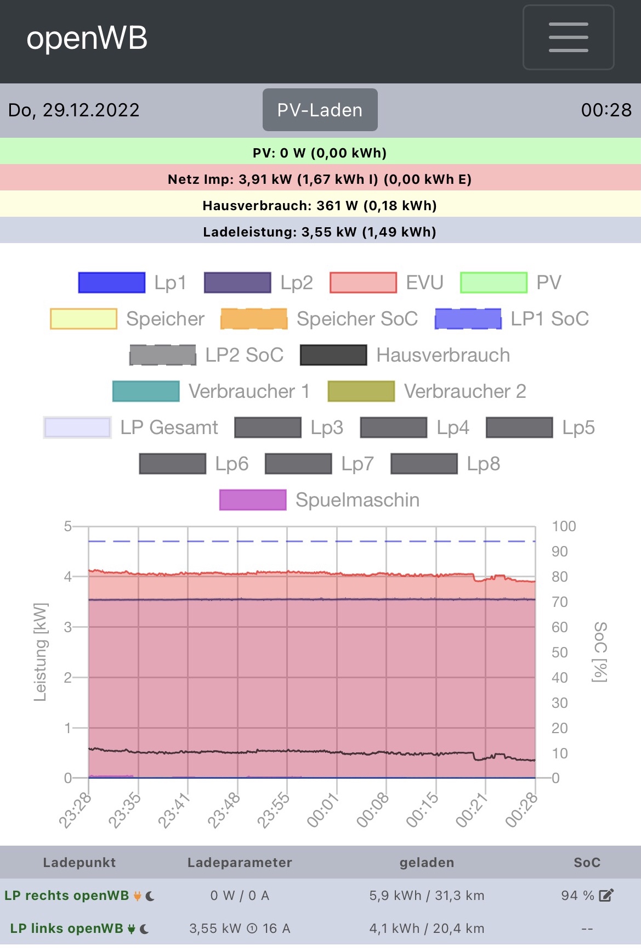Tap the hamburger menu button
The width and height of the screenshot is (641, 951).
pyautogui.click(x=568, y=37)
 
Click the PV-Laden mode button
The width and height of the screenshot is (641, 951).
pyautogui.click(x=320, y=110)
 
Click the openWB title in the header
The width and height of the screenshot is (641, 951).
pyautogui.click(x=87, y=38)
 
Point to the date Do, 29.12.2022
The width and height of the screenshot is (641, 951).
pyautogui.click(x=74, y=110)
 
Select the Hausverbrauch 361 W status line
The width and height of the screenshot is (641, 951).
pyautogui.click(x=320, y=205)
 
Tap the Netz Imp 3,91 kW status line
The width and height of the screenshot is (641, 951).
pyautogui.click(x=320, y=179)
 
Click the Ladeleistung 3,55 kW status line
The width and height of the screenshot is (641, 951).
pyautogui.click(x=320, y=232)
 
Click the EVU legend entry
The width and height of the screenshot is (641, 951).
pyautogui.click(x=386, y=283)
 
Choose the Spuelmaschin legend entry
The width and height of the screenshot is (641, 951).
pyautogui.click(x=319, y=500)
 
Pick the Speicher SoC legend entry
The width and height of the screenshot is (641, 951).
pyautogui.click(x=319, y=319)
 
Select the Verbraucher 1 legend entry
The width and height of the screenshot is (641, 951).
pyautogui.click(x=211, y=391)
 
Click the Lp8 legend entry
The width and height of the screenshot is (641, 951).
pyautogui.click(x=445, y=464)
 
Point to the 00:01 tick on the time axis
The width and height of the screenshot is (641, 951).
pyautogui.click(x=323, y=811)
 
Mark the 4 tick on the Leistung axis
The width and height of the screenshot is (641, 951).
pyautogui.click(x=68, y=576)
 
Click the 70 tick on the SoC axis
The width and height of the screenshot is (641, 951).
pyautogui.click(x=559, y=602)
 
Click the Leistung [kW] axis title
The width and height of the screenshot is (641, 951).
pyautogui.click(x=41, y=652)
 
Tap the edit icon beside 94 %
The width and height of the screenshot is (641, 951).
pyautogui.click(x=606, y=896)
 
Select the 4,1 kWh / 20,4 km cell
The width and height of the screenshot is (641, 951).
pyautogui.click(x=427, y=929)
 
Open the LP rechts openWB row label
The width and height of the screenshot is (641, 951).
pyautogui.click(x=66, y=896)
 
